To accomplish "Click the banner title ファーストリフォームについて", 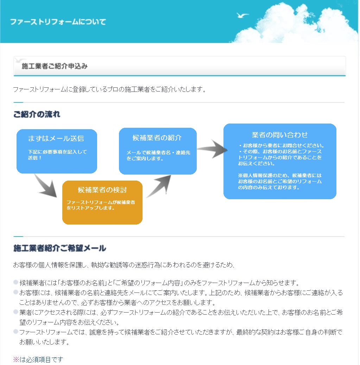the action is coord(58,22).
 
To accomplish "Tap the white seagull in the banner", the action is coord(242,15).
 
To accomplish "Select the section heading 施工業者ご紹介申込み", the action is coord(55,66).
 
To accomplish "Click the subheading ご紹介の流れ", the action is coord(37,114).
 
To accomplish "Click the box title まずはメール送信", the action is coord(56,139).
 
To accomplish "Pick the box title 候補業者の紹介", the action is coord(157,138).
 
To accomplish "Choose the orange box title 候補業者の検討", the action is coord(102,190).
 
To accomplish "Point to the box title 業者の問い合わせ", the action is coord(280,135).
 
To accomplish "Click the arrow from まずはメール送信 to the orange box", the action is coord(46,186).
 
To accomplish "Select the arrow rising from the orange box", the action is coord(159,186).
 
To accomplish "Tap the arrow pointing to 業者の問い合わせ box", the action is coord(212,149).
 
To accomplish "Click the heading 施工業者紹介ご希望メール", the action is coord(60,248).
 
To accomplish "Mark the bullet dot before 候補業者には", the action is coord(16,282).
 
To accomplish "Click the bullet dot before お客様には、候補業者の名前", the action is coord(16,292).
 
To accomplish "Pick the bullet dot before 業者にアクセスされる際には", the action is coord(16,312).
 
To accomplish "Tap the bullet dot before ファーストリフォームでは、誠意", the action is coord(16,332).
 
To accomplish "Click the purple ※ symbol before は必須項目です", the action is coord(16,359).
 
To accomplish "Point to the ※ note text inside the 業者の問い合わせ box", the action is coord(280,181).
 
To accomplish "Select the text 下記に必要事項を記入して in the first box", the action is coord(57,152).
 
